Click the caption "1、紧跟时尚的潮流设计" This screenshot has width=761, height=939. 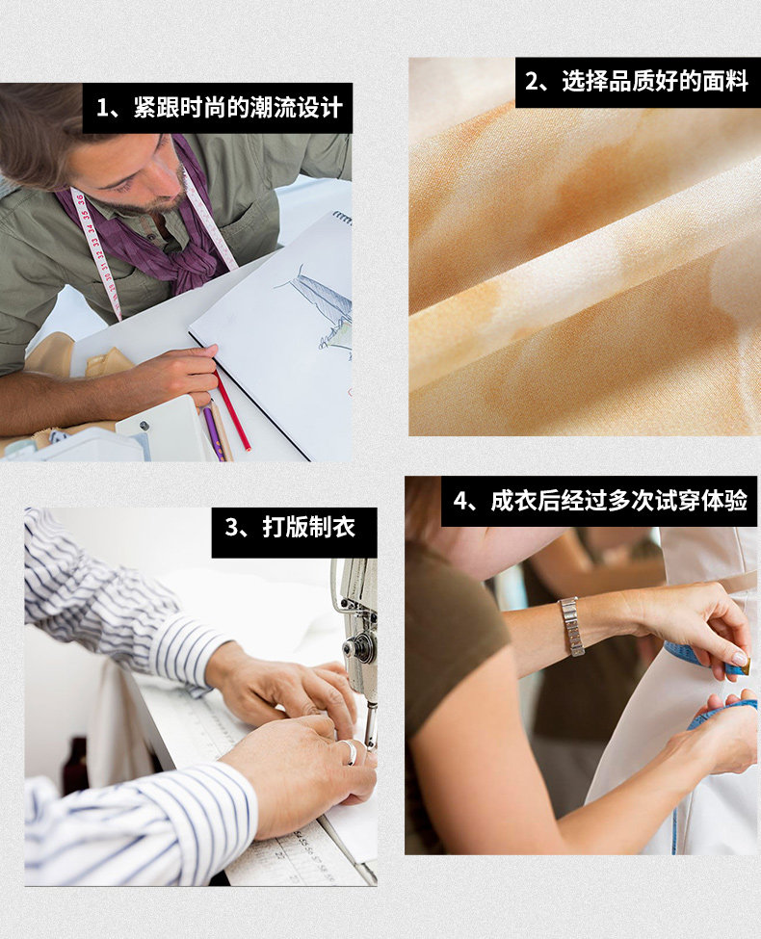click(x=219, y=108)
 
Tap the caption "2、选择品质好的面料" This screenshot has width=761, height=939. click(x=637, y=82)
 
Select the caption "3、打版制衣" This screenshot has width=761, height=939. click(x=290, y=528)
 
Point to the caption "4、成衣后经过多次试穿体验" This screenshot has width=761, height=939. click(x=600, y=501)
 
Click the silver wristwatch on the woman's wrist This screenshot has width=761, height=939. click(x=572, y=626)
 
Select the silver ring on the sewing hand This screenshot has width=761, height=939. click(x=350, y=752)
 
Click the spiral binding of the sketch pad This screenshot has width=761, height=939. click(x=342, y=218)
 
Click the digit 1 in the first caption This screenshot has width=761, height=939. click(x=102, y=109)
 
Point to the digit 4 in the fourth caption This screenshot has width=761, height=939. click(x=460, y=501)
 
